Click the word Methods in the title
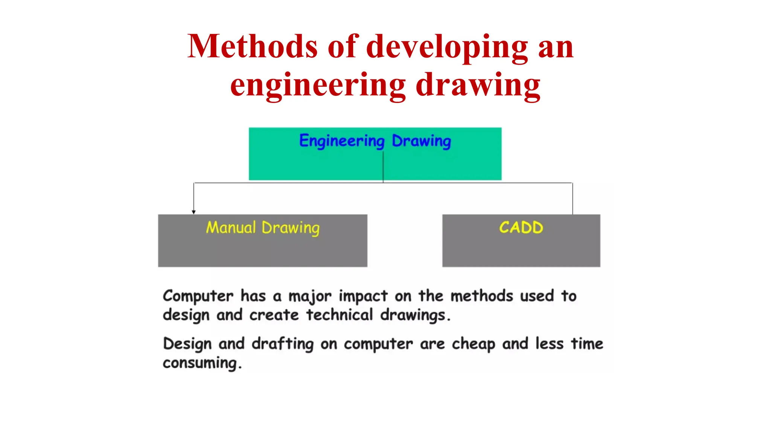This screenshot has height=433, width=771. click(252, 47)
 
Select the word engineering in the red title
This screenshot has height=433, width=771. click(318, 86)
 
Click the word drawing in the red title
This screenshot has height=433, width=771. click(478, 86)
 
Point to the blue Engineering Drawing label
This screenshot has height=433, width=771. click(375, 141)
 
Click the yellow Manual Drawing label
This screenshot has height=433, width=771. click(262, 228)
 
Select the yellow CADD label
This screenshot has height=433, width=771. click(521, 227)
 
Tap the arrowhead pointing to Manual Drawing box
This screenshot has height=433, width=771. click(194, 212)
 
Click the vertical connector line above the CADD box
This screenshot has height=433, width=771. click(572, 198)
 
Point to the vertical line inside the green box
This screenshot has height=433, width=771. click(383, 165)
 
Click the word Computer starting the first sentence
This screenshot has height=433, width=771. click(198, 296)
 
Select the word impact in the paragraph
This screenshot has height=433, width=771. click(363, 296)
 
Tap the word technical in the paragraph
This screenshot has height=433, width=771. click(339, 315)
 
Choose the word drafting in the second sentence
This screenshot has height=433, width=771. click(282, 344)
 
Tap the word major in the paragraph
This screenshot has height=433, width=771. click(309, 296)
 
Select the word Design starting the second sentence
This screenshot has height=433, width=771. click(187, 344)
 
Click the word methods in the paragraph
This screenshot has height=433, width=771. click(481, 296)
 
